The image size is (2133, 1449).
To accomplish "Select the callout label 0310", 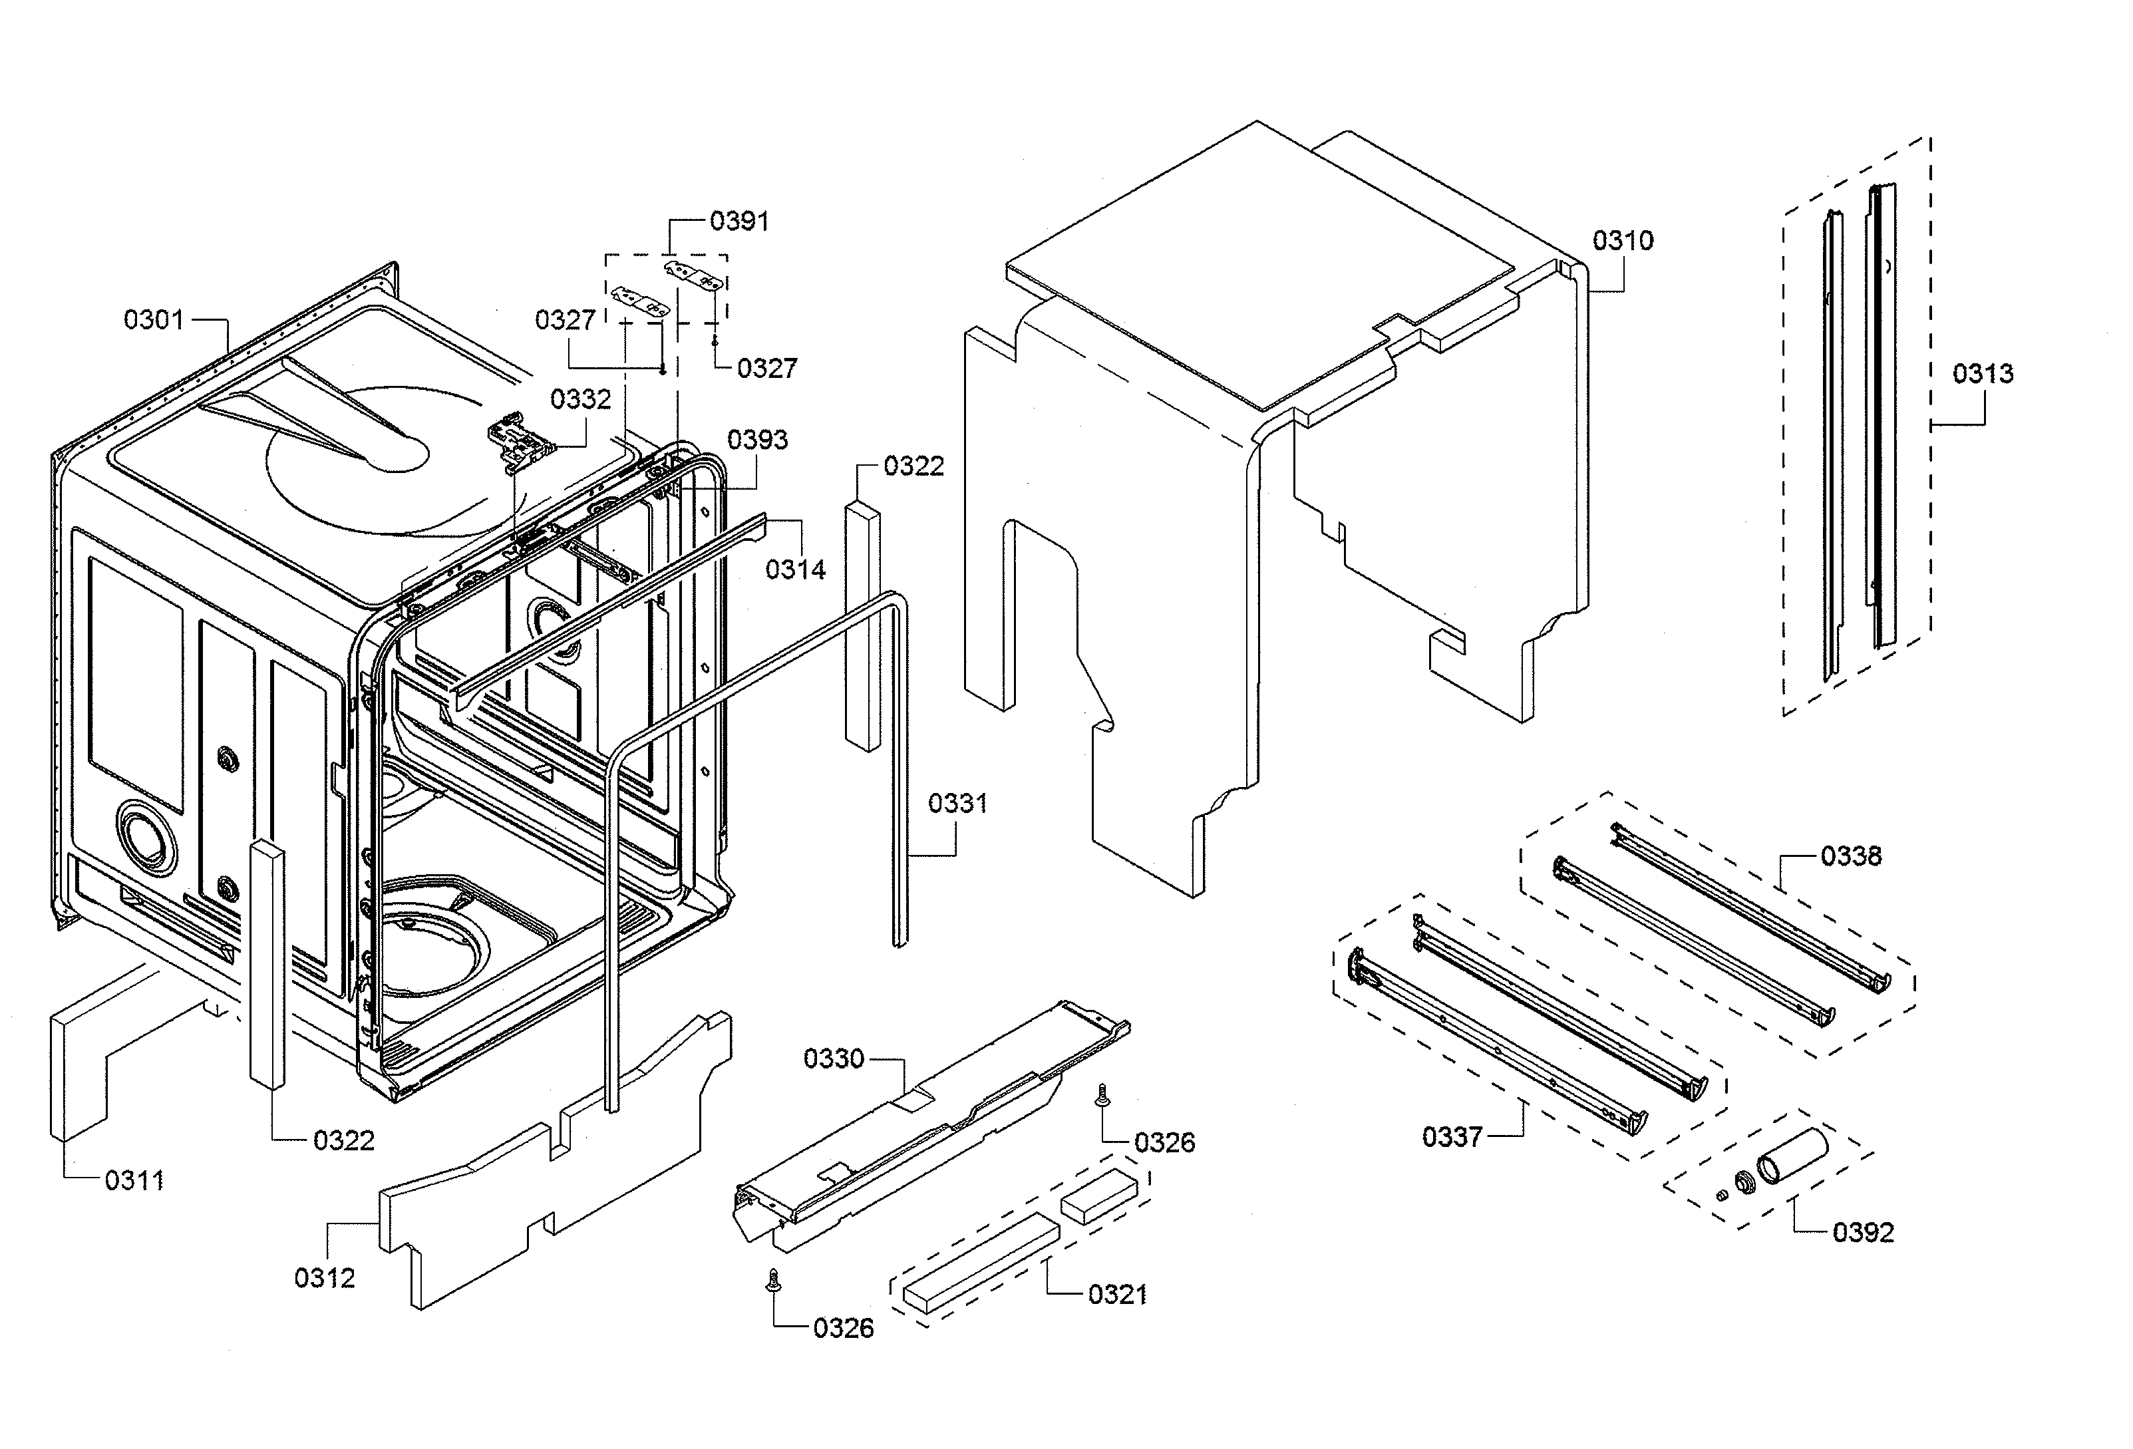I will coord(1622,241).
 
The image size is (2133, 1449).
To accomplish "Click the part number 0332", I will coord(580,399).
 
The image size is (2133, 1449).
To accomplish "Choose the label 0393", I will coord(756,440).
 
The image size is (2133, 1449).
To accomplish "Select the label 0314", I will coord(795,570).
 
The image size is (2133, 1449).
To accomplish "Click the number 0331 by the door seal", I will coord(957,804).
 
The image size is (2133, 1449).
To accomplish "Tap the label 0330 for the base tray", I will coord(834,1059).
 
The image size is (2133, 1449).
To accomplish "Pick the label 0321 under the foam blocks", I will coord(1117,1295).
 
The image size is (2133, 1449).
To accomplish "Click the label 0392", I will coord(1862,1232).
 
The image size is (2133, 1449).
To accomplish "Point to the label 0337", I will coord(1452,1138).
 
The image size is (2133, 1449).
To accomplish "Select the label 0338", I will coord(1850,856).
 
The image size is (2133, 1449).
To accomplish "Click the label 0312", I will coord(324,1278).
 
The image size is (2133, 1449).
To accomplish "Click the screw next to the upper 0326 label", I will coord(1103,1095).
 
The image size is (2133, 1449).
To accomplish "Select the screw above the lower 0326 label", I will coord(774,1281).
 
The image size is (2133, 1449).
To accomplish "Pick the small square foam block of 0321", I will coord(1098,1196).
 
